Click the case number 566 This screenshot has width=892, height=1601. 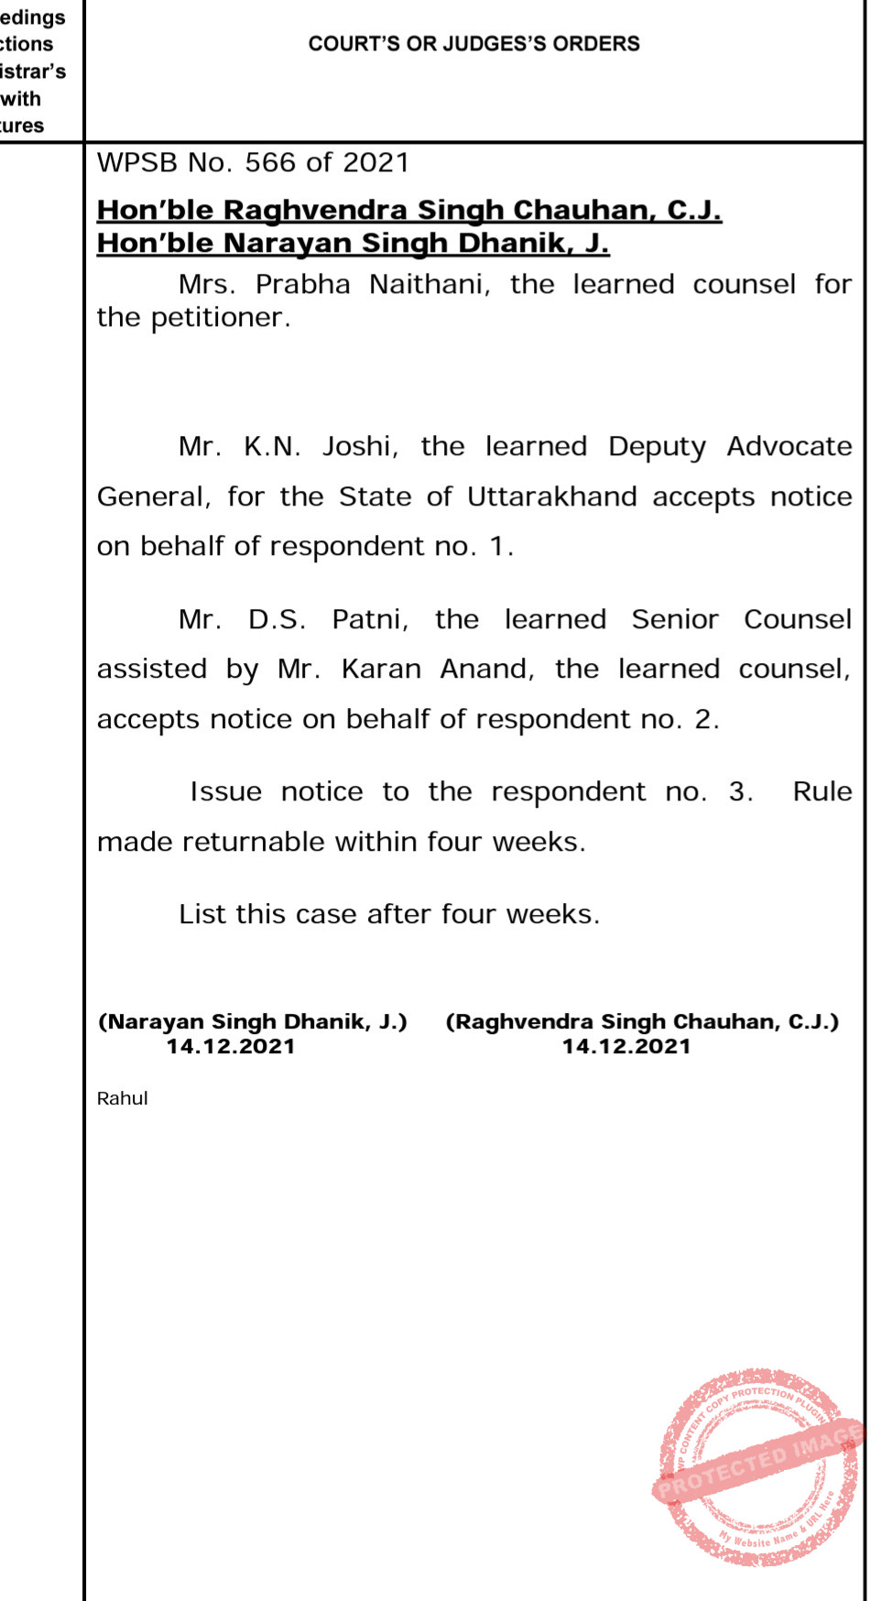coord(270,163)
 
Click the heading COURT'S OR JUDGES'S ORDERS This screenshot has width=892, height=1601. coord(473,44)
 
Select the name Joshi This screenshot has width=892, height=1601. coord(359,447)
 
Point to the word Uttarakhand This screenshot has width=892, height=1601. coord(551,497)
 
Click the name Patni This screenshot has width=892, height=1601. coord(369,620)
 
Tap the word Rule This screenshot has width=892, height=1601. coord(821,792)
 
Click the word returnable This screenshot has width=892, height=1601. coord(253,843)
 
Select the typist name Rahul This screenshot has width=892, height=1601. coord(122,1098)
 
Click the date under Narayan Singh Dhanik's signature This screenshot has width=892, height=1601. coord(231,1047)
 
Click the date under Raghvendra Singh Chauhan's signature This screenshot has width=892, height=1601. coord(626,1047)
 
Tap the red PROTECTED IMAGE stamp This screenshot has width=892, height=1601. coord(758,1466)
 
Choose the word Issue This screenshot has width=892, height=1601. coord(225,792)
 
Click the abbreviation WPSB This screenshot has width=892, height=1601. coord(137,163)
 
